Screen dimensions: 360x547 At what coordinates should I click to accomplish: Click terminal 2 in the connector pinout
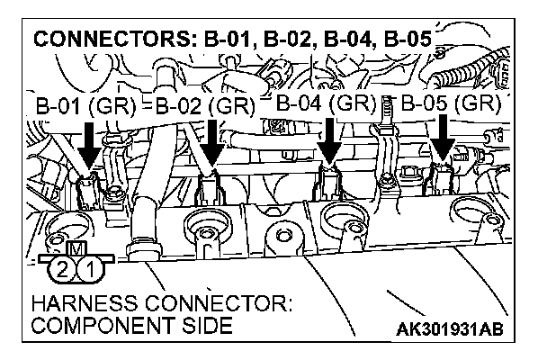coord(61,267)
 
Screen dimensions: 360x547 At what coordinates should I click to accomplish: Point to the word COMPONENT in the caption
coord(100,325)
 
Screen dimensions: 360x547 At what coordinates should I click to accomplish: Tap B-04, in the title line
coord(342,41)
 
